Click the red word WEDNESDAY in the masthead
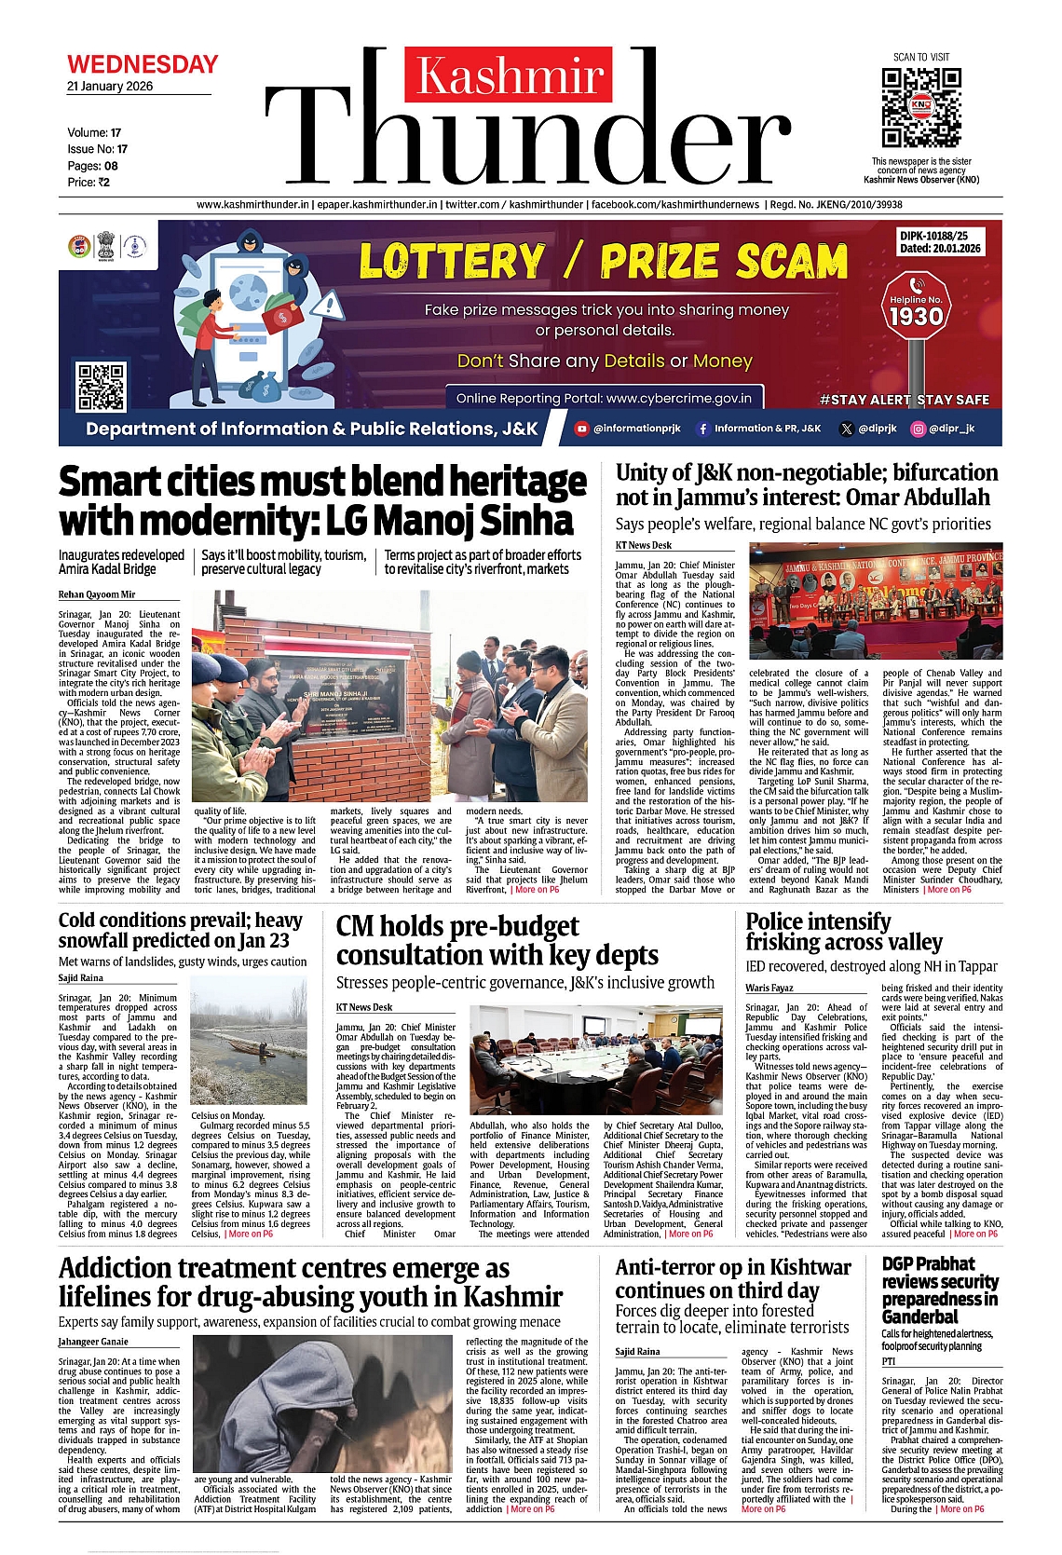click(143, 64)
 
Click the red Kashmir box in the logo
click(510, 76)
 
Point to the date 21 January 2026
click(110, 87)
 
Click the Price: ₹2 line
click(88, 183)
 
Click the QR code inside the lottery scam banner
click(101, 388)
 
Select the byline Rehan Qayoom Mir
click(97, 594)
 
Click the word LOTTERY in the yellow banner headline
click(453, 262)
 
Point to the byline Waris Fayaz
click(769, 988)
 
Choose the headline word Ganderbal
click(919, 1316)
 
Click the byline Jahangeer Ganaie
click(93, 1342)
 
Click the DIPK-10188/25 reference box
click(940, 242)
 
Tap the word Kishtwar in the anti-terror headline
click(810, 1267)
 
